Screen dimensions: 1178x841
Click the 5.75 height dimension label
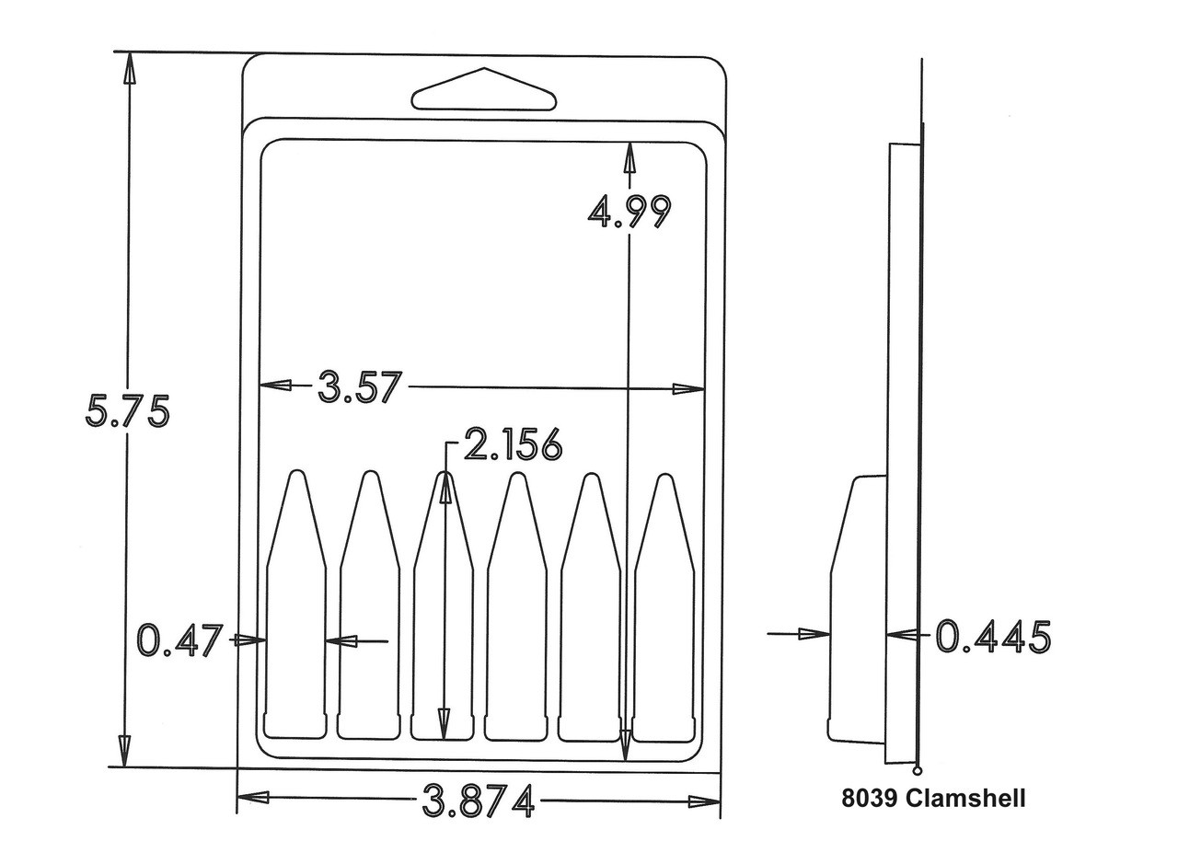pyautogui.click(x=128, y=410)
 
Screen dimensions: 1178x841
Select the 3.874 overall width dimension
pyautogui.click(x=479, y=801)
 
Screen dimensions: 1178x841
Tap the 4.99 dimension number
pyautogui.click(x=629, y=212)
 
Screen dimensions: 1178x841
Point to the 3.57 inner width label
pyautogui.click(x=360, y=386)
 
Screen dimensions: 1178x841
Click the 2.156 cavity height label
pyautogui.click(x=514, y=444)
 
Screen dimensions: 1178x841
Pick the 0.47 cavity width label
pyautogui.click(x=179, y=640)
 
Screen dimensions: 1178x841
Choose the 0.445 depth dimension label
pyautogui.click(x=993, y=637)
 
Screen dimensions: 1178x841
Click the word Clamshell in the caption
pyautogui.click(x=965, y=798)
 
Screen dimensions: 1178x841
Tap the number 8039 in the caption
pyautogui.click(x=870, y=798)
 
